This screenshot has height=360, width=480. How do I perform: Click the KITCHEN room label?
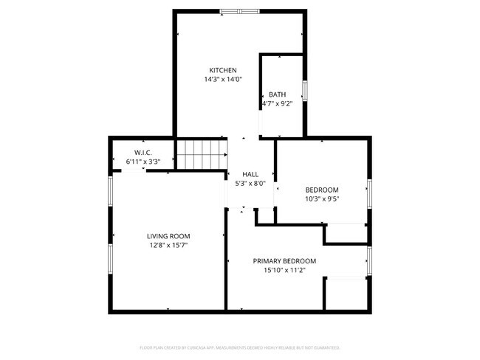[222, 70]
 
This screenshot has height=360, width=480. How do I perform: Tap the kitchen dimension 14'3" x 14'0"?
[222, 79]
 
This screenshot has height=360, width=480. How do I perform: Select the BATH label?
[277, 94]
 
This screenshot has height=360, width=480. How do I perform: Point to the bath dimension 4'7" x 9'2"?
[278, 103]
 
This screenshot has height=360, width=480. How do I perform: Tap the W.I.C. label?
[143, 152]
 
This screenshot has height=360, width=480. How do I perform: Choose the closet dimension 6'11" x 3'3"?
[143, 160]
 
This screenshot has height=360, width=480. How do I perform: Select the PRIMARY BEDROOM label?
[284, 261]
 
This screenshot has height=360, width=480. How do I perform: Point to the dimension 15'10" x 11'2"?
[284, 270]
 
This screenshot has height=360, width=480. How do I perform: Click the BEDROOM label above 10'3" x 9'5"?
[322, 190]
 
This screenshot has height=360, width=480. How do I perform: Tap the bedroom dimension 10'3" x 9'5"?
[322, 198]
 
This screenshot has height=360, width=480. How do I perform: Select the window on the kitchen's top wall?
[239, 11]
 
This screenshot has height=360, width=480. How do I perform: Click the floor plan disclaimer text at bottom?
[240, 347]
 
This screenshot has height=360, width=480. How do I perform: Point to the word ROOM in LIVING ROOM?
[181, 236]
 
